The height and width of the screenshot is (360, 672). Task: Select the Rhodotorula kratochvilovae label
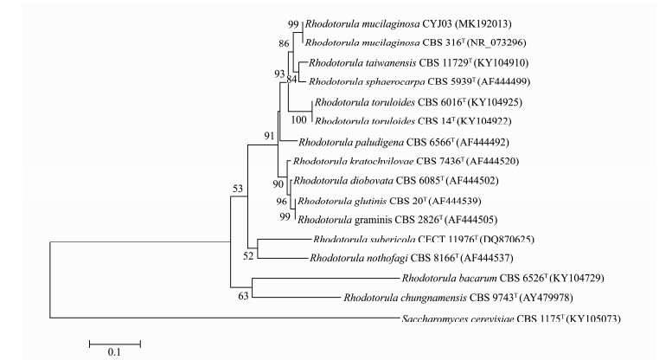pyautogui.click(x=354, y=161)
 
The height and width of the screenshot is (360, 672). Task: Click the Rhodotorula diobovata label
pyautogui.click(x=341, y=181)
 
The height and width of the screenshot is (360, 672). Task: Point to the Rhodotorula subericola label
pyautogui.click(x=373, y=239)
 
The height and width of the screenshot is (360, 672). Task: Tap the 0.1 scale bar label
pyautogui.click(x=112, y=352)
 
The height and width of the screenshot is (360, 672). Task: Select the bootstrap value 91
pyautogui.click(x=269, y=135)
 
